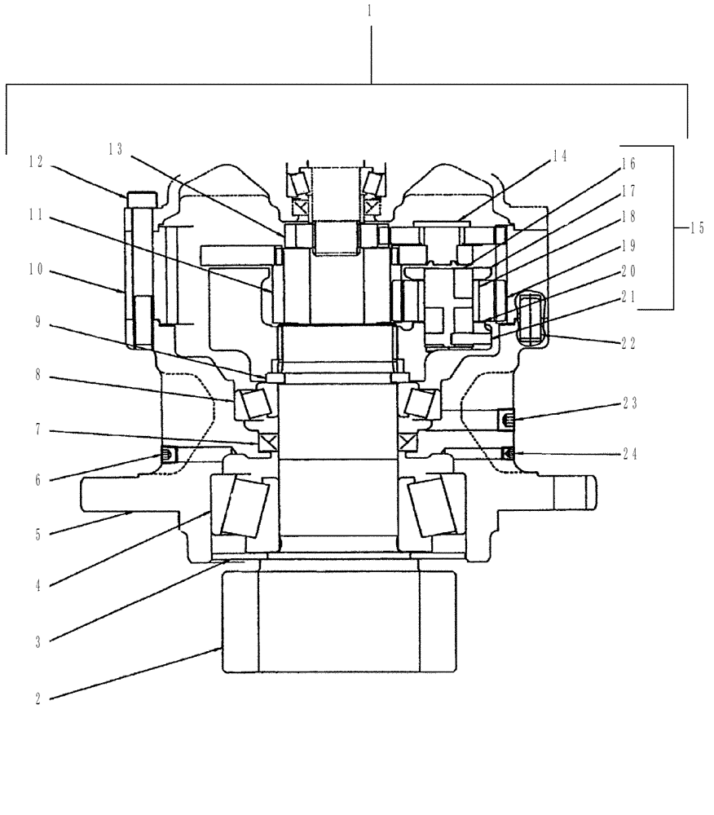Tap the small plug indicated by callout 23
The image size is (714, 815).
[505, 420]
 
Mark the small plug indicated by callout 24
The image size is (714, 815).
[507, 453]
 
